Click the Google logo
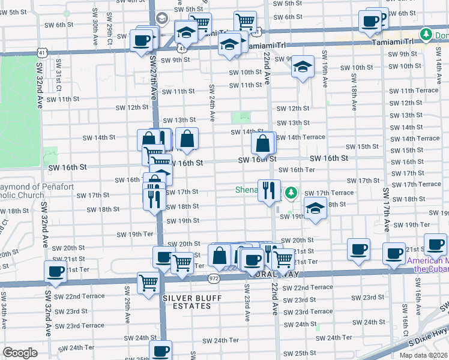tap(20, 353)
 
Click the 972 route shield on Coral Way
tap(215, 278)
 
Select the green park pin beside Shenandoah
tap(291, 193)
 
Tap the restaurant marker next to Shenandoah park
tap(269, 190)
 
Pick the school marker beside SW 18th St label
tap(315, 209)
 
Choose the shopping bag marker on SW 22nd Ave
tap(264, 143)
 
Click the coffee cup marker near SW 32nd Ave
tap(56, 271)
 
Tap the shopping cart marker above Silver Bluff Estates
tap(148, 283)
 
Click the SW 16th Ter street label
tap(298, 170)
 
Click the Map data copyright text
tap(424, 355)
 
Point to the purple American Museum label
tap(427, 265)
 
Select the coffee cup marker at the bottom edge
tap(160, 350)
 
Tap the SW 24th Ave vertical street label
tap(212, 100)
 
